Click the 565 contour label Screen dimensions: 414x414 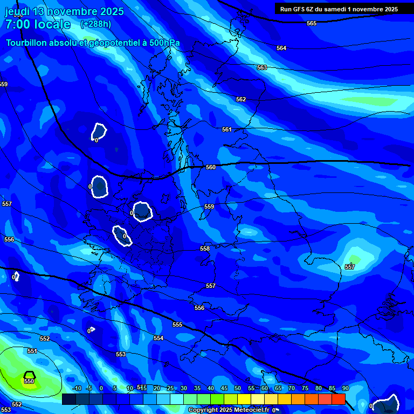tap(312, 23)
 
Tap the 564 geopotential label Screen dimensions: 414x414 tap(281, 48)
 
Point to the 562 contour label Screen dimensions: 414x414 tap(241, 99)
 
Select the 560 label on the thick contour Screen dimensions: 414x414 tap(211, 167)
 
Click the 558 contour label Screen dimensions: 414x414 tap(205, 249)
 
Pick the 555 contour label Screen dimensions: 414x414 tap(177, 325)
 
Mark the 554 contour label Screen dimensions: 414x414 tap(158, 338)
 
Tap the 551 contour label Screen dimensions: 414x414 tap(32, 351)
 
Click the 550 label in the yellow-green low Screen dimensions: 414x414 tap(29, 381)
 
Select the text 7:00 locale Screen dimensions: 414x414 tap(38, 24)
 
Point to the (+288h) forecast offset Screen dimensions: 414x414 tap(95, 24)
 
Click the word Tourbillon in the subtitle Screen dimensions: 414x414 tap(27, 43)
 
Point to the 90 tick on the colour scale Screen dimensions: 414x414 tap(345, 388)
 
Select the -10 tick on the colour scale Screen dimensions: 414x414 tap(76, 388)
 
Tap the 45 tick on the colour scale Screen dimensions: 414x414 tap(224, 388)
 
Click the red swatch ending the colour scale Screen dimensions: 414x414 tap(338, 399)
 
